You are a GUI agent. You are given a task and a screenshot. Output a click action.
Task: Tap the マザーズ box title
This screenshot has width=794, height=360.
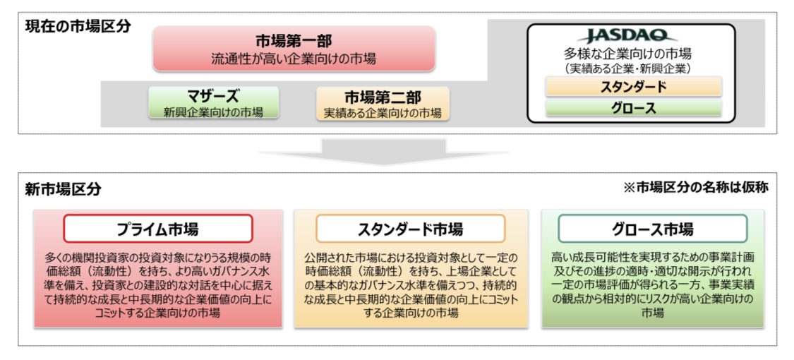[213, 96]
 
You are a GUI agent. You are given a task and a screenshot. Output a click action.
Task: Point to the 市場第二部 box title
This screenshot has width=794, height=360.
[383, 97]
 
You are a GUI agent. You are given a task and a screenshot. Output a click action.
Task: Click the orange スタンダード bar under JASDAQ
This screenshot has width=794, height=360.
[633, 87]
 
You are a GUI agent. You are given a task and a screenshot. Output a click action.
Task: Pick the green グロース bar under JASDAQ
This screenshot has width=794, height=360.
[633, 108]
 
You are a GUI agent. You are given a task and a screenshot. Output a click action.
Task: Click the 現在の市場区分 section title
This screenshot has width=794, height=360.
[78, 25]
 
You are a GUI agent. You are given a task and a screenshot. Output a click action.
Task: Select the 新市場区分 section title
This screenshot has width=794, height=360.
[64, 189]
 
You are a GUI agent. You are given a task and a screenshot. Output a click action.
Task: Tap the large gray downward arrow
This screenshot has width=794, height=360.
[383, 151]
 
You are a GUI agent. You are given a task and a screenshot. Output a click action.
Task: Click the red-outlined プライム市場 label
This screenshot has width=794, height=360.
[157, 229]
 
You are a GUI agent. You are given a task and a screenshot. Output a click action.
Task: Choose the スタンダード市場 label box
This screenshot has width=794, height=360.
[410, 229]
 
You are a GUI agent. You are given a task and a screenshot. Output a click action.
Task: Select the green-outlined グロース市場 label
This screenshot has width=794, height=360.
[652, 229]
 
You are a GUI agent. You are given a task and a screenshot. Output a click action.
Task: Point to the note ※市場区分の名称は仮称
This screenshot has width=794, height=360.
[696, 188]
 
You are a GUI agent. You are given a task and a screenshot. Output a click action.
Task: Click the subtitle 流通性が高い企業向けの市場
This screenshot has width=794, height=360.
[294, 59]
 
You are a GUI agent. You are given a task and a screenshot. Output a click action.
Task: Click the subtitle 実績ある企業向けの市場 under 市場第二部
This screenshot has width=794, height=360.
[383, 112]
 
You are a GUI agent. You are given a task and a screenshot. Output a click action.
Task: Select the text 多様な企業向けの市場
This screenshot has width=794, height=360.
[627, 53]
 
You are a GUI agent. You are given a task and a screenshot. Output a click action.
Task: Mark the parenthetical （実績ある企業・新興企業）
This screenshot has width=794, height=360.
[627, 67]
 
